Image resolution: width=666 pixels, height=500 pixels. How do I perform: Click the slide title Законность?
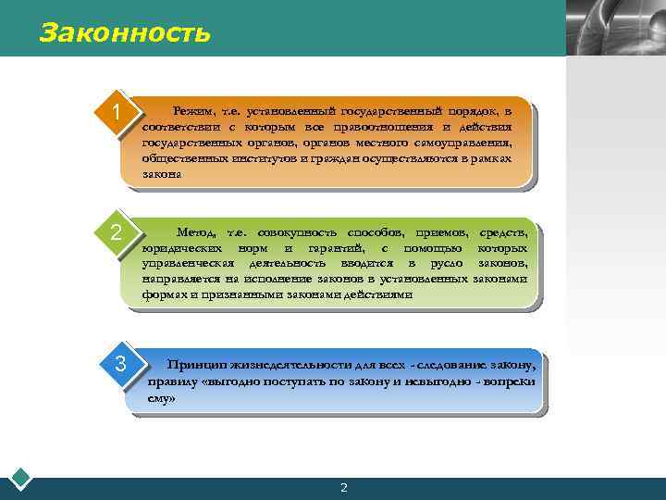[x=126, y=34]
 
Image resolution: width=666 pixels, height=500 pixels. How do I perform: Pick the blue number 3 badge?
[x=121, y=364]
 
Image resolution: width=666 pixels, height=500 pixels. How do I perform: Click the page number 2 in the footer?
[x=343, y=488]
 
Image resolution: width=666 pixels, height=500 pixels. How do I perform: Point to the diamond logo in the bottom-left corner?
[x=20, y=479]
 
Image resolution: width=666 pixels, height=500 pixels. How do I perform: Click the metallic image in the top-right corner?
[x=614, y=28]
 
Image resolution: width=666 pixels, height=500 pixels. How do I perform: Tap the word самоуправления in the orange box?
[x=462, y=143]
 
